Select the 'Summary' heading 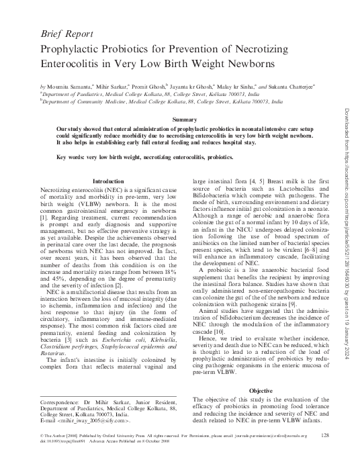pyautogui.click(x=184, y=119)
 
